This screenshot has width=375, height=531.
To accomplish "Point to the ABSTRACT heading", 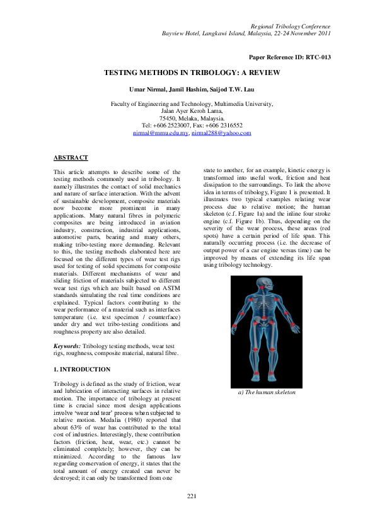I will tap(71, 157).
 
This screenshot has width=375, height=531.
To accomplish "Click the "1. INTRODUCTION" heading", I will tap(82, 369).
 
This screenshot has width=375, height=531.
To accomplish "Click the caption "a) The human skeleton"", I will tap(267, 392).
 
